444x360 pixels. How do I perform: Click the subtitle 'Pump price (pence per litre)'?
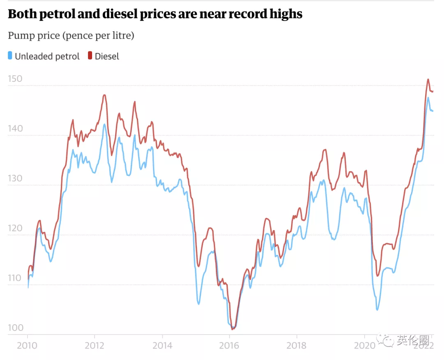point(71,36)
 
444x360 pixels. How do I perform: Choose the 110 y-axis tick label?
point(16,278)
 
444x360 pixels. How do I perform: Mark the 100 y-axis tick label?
point(16,328)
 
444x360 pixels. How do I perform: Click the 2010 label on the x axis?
point(28,345)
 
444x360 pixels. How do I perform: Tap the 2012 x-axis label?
point(95,345)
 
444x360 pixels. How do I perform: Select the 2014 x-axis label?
point(162,345)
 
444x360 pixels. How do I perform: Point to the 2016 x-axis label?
point(229,345)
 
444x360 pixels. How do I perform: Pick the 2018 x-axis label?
point(297,345)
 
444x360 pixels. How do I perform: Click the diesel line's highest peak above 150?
point(428,79)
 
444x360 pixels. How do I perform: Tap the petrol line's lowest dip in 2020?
point(377,309)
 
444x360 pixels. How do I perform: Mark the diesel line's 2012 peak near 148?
point(104,95)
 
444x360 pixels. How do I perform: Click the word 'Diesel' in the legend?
point(107,56)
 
